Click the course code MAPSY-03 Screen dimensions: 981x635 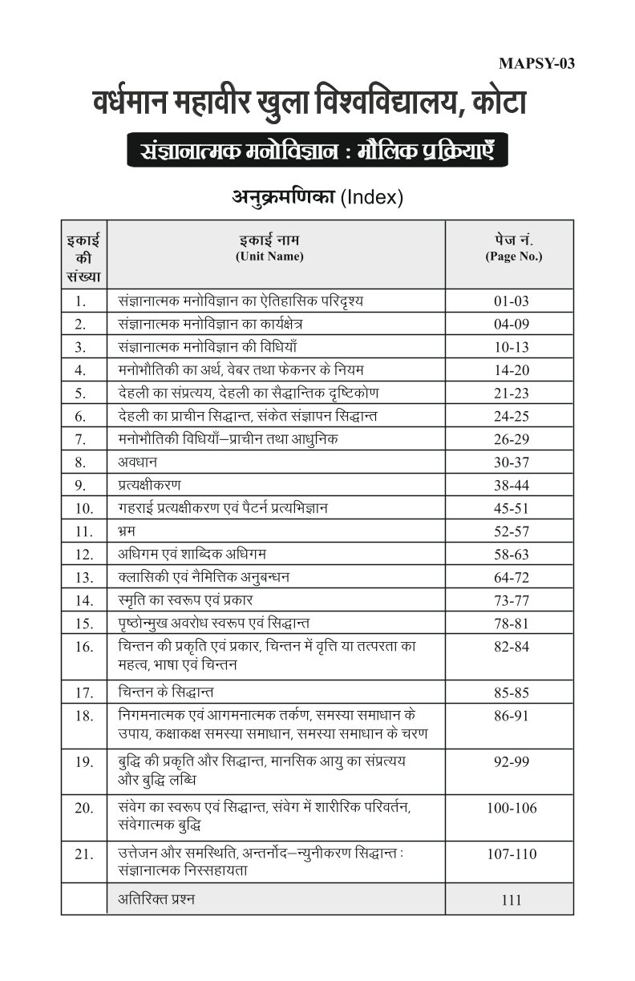tap(536, 65)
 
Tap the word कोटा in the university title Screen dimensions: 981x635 tap(490, 104)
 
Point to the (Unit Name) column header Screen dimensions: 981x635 tap(269, 256)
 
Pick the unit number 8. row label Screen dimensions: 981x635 tap(79, 462)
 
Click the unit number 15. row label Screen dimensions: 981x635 tap(83, 623)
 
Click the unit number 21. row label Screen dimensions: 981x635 tap(83, 854)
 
